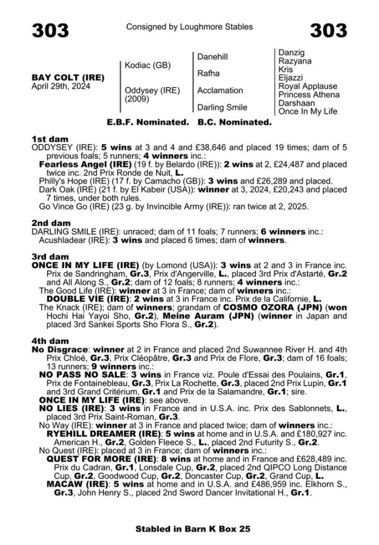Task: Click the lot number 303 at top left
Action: [51, 30]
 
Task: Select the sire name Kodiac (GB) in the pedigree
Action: [147, 65]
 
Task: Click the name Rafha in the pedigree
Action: [208, 73]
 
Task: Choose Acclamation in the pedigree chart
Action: [220, 90]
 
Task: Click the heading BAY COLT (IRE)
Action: [67, 78]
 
